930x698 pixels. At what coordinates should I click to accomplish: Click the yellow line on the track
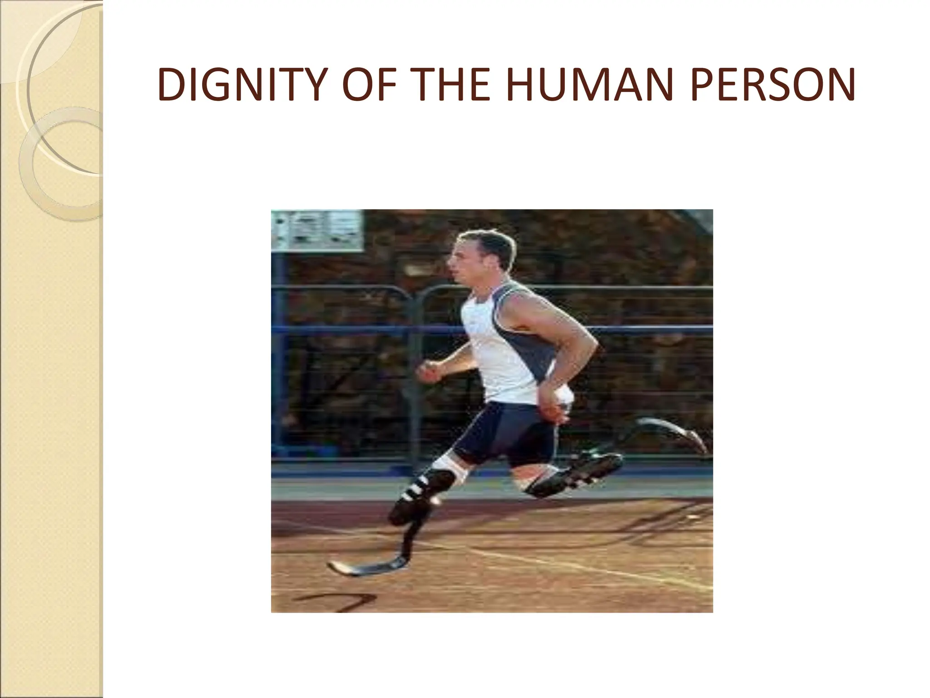pos(590,563)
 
